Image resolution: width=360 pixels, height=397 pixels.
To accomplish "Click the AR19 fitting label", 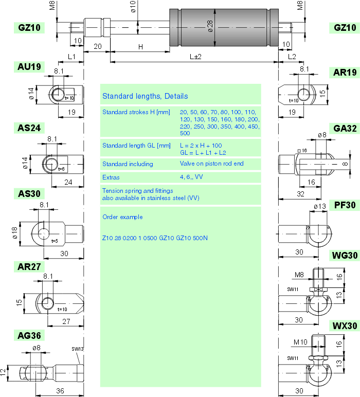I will [x=345, y=73].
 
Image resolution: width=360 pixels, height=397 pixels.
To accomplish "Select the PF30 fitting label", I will [x=345, y=205].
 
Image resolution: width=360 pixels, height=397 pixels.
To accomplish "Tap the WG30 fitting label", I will [x=345, y=256].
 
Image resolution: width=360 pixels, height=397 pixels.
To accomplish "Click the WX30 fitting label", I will [x=345, y=326].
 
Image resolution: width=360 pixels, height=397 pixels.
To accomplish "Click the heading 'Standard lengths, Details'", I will [x=145, y=96].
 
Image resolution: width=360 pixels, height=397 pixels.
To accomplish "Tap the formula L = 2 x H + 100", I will [x=201, y=146].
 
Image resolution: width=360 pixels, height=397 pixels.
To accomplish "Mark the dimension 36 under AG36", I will [x=60, y=391].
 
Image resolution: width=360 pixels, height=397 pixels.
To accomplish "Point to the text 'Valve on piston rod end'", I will [x=211, y=164].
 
